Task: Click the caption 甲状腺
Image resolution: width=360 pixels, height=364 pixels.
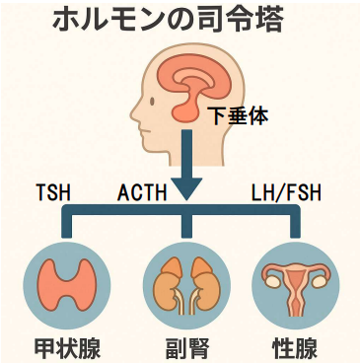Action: coord(65,347)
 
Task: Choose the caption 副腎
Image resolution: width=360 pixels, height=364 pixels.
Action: coord(180,347)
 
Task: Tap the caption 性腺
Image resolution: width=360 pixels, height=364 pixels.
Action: coord(295,347)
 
